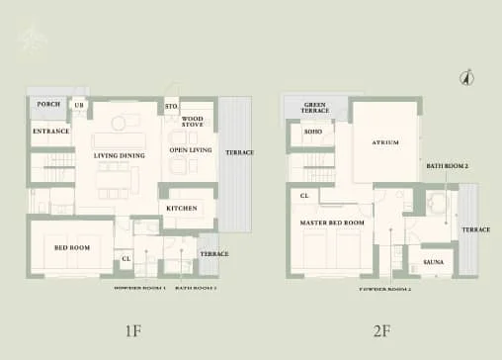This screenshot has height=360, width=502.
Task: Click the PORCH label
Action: point(47,104)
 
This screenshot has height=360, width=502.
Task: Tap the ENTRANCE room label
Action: point(49,131)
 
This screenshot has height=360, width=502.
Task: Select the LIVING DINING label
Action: point(120,155)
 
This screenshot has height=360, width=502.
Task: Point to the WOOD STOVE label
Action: point(193,123)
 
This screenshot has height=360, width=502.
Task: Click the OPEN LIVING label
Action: point(191,149)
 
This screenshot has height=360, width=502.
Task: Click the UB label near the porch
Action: point(79,104)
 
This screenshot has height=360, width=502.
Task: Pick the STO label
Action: point(170,105)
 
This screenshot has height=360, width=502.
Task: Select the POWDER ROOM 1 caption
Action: point(138,287)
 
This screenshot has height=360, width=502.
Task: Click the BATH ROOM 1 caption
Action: point(196,287)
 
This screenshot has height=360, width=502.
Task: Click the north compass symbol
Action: point(468,76)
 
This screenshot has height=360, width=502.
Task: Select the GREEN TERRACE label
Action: point(315,108)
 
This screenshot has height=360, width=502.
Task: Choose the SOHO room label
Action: point(313,131)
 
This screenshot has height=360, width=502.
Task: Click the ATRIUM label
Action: point(385,142)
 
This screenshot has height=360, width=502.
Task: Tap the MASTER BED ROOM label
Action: point(332,224)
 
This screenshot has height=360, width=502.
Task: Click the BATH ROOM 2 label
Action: point(447,166)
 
